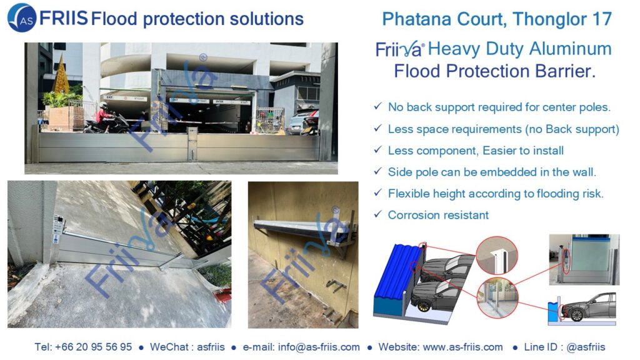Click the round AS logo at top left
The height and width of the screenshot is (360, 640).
point(22,17)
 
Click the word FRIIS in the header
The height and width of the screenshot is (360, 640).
point(63,18)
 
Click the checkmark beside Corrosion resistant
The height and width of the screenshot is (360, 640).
point(378,214)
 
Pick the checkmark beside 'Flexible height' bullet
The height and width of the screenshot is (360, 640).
point(378,192)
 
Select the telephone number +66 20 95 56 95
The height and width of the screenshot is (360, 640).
point(94,347)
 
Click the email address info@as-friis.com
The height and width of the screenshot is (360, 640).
point(319,347)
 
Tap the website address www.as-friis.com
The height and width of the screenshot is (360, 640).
point(463,347)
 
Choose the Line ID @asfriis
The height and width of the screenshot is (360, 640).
point(586,347)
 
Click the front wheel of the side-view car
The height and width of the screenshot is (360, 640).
point(577,315)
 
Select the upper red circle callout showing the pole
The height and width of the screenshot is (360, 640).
point(497,256)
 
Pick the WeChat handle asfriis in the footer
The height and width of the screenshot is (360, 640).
point(211,347)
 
